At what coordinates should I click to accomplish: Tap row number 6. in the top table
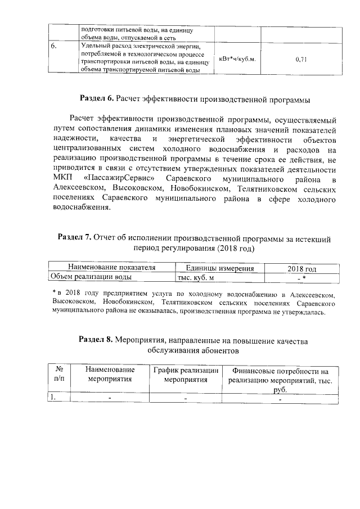click(53, 46)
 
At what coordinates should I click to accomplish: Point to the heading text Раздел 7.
click(75, 238)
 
